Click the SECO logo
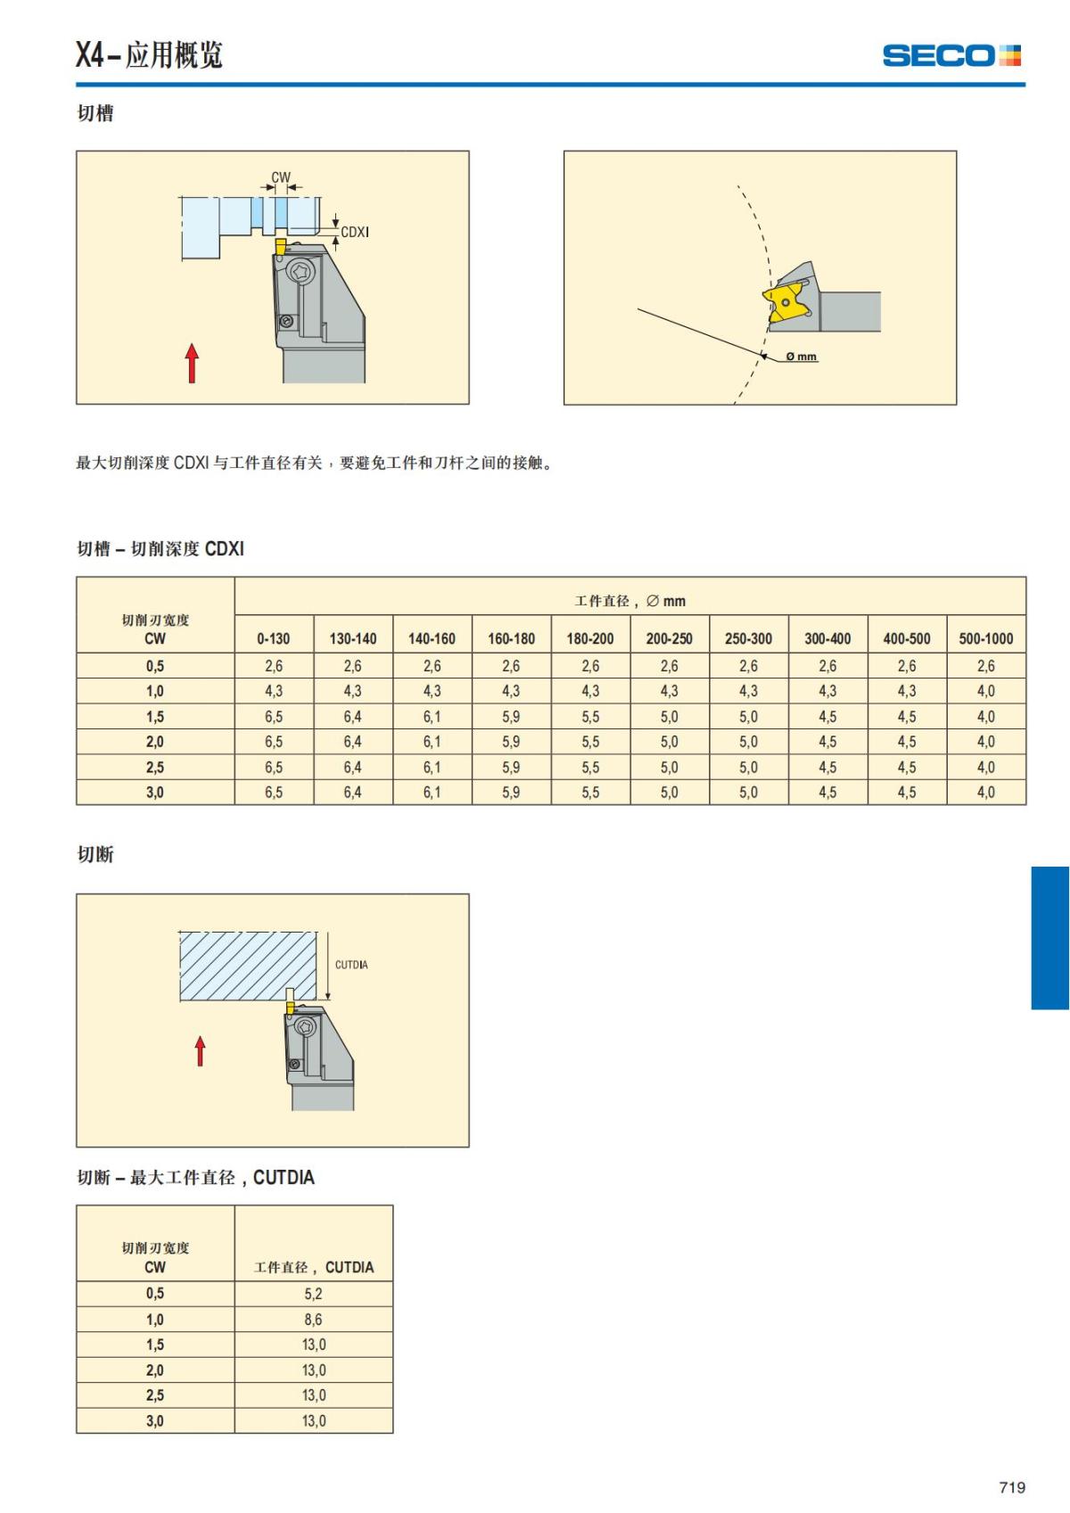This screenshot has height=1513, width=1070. coord(951,55)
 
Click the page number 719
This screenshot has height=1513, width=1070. coord(1012,1487)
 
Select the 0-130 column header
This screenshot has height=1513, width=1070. coord(274,638)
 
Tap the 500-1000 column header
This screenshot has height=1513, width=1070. coord(985,638)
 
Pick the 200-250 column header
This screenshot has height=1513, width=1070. coord(669,638)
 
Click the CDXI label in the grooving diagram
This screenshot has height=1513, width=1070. coord(355,232)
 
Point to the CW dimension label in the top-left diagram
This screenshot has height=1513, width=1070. coord(281,177)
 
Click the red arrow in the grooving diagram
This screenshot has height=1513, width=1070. coord(192,363)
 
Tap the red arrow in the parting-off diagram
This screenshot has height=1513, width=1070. coord(200,1050)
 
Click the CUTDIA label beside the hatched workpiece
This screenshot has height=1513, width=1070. coord(351,965)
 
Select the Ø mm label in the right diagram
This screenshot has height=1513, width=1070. coord(802,357)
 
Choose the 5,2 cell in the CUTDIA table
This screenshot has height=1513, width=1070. coord(313,1294)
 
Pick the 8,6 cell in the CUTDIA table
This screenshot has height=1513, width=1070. coord(313,1320)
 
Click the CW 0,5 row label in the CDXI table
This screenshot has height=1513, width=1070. coord(155,666)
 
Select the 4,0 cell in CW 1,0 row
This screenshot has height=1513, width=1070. coord(985,691)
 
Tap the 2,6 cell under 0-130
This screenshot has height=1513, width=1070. coord(274,666)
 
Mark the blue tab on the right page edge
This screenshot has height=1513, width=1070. coord(1049,937)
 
